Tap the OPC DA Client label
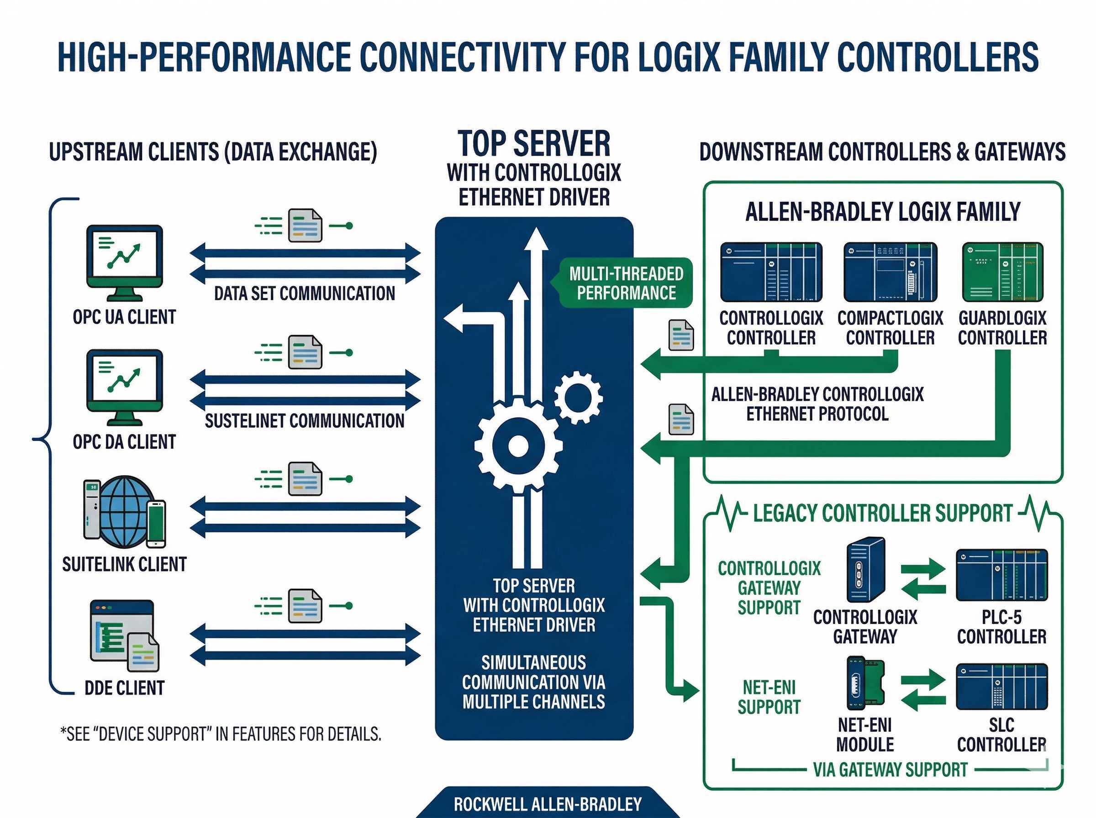coord(124,442)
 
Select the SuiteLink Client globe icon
coord(125,512)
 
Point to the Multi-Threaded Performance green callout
coord(626,283)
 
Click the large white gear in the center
coord(518,445)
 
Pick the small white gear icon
coord(578,397)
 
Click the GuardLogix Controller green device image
coord(1002,272)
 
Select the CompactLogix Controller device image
coord(890,272)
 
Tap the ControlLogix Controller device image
coord(771,272)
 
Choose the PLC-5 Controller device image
coord(1001,574)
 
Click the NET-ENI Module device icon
coord(865,683)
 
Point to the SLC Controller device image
coord(1001,686)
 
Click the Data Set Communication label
coord(305,294)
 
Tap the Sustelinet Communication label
coord(305,421)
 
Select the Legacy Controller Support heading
coord(883,514)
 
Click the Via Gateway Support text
coord(890,770)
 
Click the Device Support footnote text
coord(221,734)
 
